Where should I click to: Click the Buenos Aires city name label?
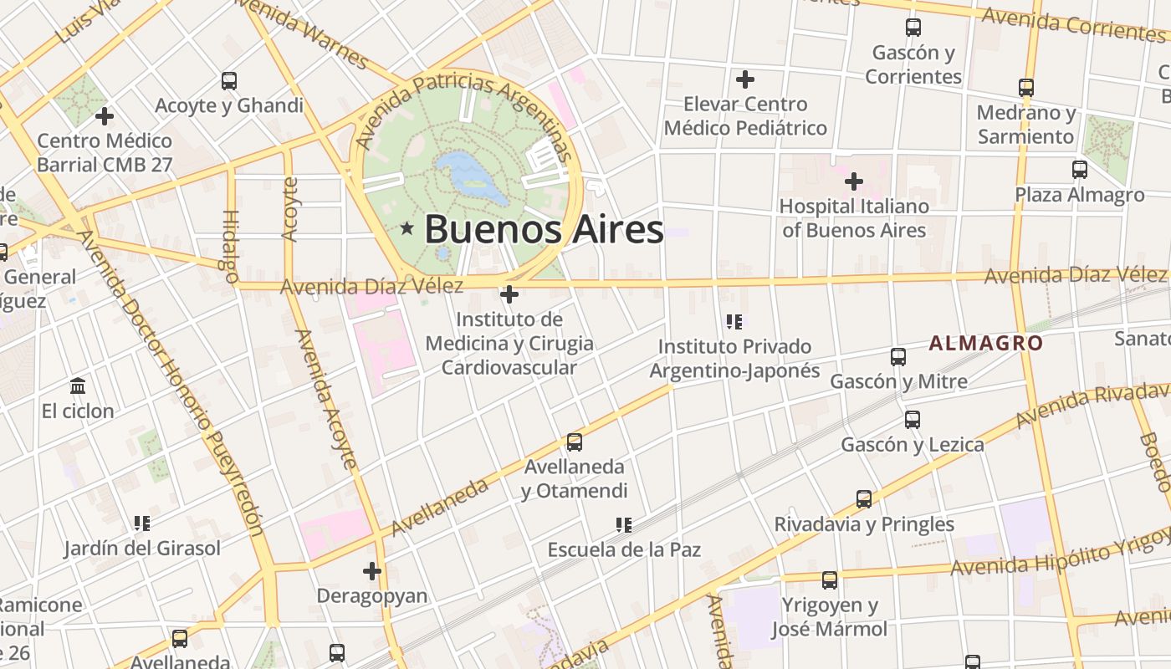(x=544, y=229)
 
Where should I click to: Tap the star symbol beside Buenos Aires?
(x=407, y=227)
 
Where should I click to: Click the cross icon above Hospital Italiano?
(x=853, y=181)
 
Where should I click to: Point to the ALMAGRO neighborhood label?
(x=986, y=343)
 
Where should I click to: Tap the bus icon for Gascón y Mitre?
(x=898, y=357)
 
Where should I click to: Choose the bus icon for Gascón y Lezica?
(x=913, y=420)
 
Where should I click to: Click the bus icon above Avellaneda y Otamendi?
(x=574, y=442)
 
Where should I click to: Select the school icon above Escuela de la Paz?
(x=623, y=525)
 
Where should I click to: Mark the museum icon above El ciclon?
(x=78, y=386)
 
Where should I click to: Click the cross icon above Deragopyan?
(x=372, y=571)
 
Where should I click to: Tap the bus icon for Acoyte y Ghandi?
(x=229, y=81)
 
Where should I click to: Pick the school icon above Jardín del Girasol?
(x=142, y=523)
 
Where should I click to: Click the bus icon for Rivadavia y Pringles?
(x=864, y=500)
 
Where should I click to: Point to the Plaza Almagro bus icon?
(x=1080, y=170)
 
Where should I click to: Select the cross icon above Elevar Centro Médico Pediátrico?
(x=744, y=79)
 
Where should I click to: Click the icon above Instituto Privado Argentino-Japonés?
(x=734, y=321)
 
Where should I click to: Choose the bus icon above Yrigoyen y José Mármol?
(x=829, y=580)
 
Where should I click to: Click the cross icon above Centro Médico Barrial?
(x=105, y=116)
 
